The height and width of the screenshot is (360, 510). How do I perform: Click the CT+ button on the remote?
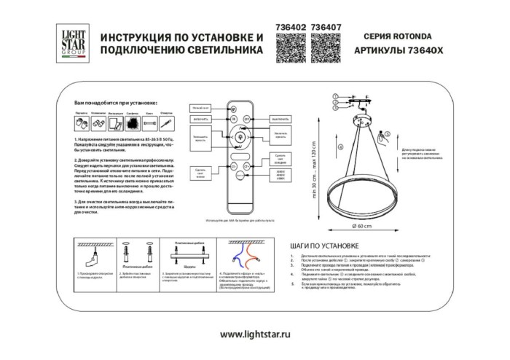246,167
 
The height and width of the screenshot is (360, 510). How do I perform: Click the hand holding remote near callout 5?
386,136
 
